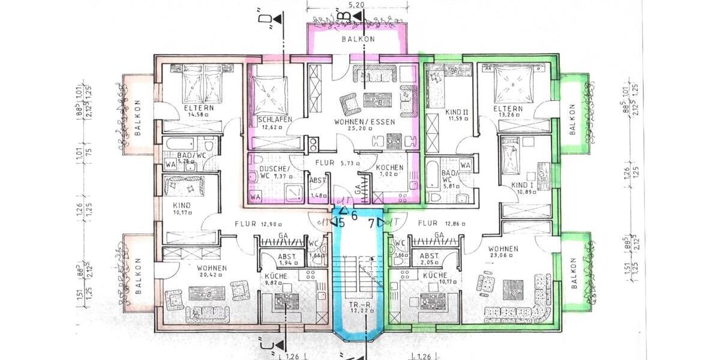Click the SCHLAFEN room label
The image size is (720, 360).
[x=275, y=119]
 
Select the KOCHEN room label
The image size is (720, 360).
[x=389, y=168]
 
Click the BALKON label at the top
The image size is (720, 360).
[x=358, y=39]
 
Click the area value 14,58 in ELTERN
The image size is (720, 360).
[x=181, y=115]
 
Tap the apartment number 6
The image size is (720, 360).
[x=355, y=216]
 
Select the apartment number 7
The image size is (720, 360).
[x=371, y=223]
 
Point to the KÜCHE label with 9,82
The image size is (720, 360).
[x=275, y=276]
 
